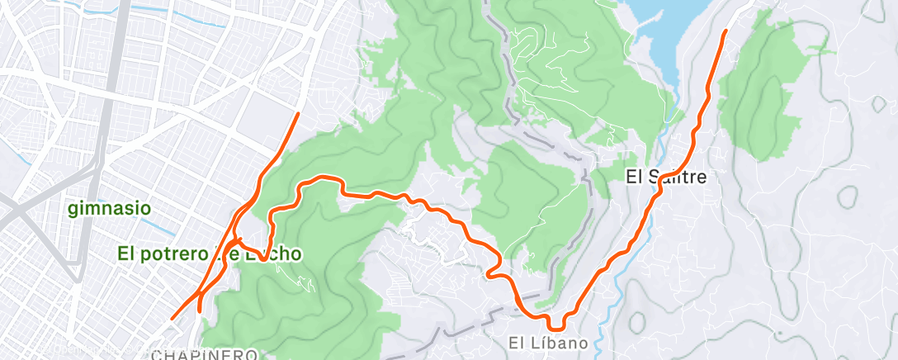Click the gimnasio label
coord(110,208)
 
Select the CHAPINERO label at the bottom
coord(206,354)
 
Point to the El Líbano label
coord(548,342)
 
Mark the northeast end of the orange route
coord(725,31)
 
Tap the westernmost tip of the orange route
coord(173,317)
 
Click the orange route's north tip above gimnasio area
coord(298,115)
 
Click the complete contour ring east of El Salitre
coord(848,197)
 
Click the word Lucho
coord(277,254)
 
